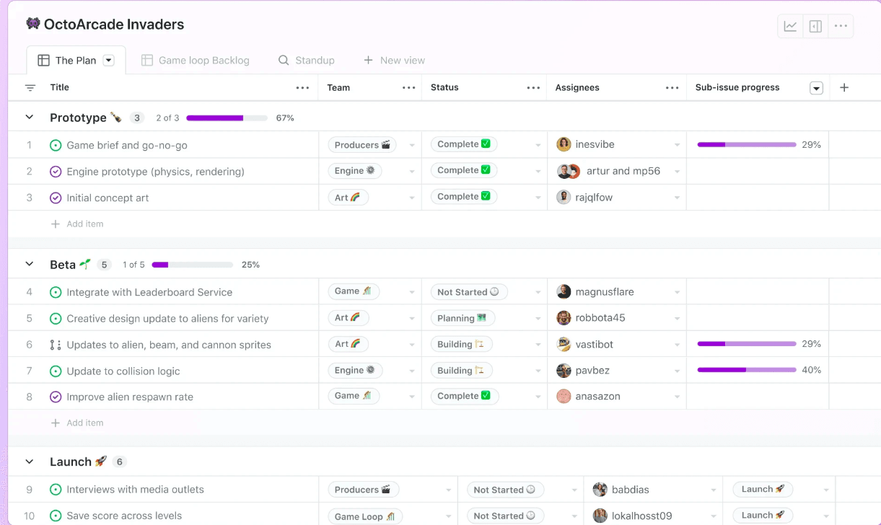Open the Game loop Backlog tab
tap(195, 60)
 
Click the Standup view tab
tap(307, 60)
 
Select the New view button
tap(394, 60)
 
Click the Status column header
tap(444, 87)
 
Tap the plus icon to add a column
tap(844, 88)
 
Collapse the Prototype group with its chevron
tap(30, 117)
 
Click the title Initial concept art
tap(108, 198)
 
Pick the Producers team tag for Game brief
tap(361, 145)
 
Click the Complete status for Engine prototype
tap(464, 170)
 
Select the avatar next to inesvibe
tap(564, 144)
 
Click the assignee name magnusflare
tap(605, 292)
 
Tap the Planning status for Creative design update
tap(462, 318)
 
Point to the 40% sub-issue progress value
tap(812, 370)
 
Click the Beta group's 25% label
tap(250, 265)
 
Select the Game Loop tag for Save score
tap(364, 516)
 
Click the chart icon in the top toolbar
tap(790, 27)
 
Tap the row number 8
tap(29, 397)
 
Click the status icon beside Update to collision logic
tap(56, 371)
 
